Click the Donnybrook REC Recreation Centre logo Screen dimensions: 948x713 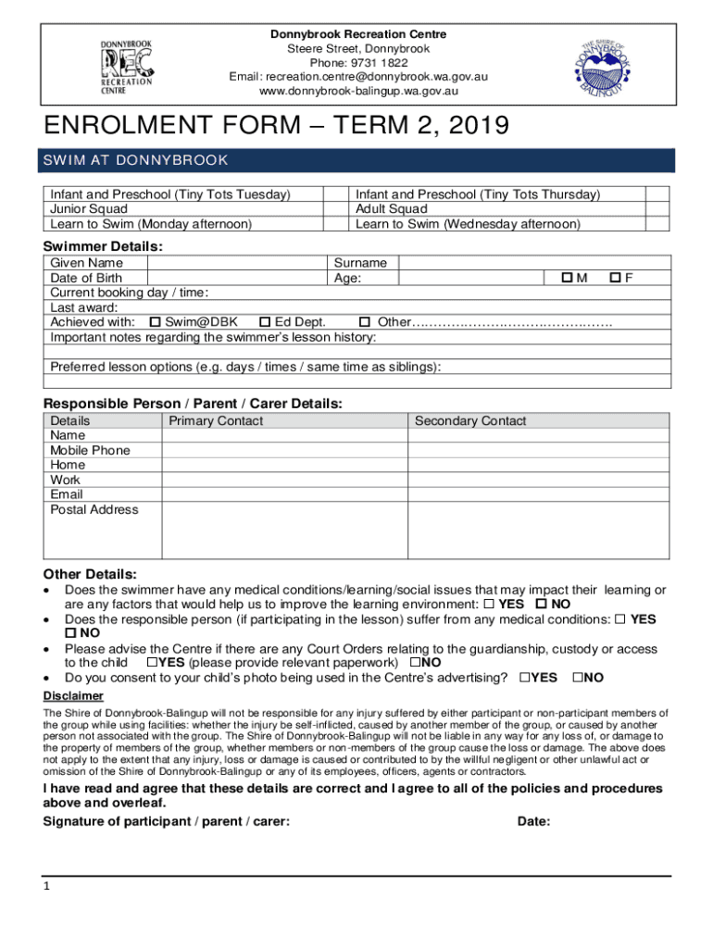point(126,67)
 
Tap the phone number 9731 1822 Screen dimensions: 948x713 point(357,63)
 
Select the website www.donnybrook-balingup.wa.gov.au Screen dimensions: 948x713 point(357,91)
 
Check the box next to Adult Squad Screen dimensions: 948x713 point(657,209)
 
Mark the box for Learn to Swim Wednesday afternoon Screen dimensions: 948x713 point(657,224)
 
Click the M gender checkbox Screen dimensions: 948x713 point(567,278)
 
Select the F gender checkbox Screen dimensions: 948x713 point(614,278)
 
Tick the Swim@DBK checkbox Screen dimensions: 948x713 point(156,322)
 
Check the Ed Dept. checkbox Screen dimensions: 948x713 point(265,322)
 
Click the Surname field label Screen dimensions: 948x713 point(360,263)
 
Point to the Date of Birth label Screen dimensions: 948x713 point(86,278)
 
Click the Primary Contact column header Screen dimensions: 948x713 point(216,421)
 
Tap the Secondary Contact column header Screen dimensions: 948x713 point(470,421)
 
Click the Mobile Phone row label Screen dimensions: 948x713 point(90,451)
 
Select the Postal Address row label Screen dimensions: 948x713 point(94,510)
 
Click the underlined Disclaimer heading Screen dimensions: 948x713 point(74,696)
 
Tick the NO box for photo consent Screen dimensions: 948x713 point(578,678)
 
